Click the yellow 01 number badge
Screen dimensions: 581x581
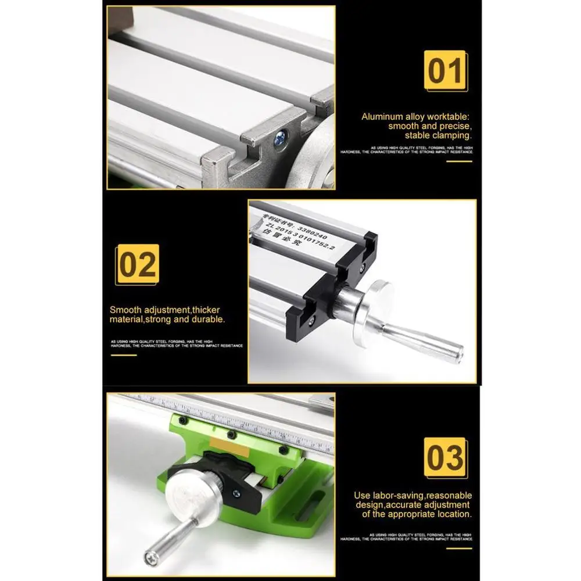(446, 70)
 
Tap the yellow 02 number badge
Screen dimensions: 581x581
(138, 264)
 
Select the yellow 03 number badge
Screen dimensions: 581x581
(445, 457)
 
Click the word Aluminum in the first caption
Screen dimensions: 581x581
(382, 117)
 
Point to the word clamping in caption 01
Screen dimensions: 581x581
(450, 135)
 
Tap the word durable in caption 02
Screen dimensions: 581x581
(210, 320)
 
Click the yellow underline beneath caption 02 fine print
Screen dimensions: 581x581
(123, 354)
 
